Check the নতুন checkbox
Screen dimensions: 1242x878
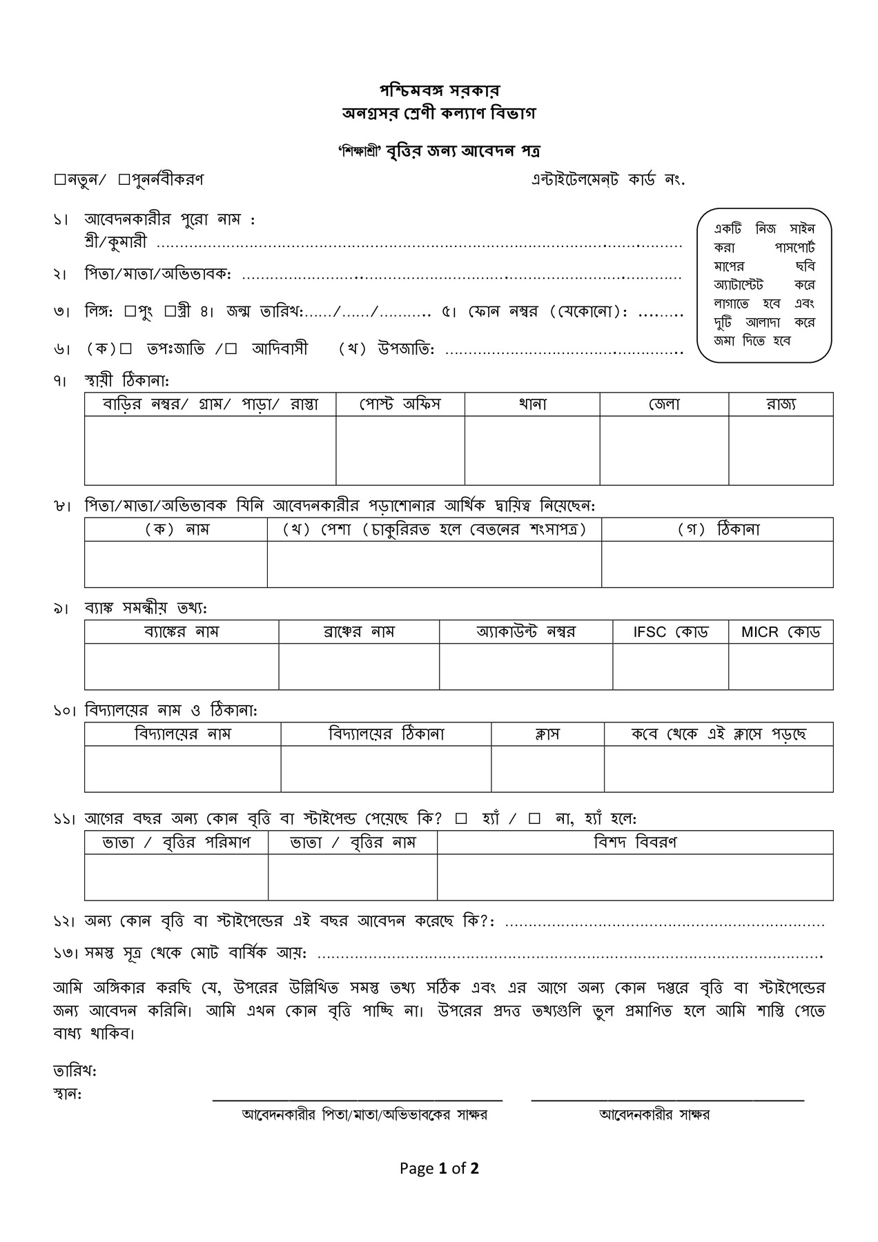pyautogui.click(x=59, y=180)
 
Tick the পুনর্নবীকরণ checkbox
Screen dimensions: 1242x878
pyautogui.click(x=124, y=180)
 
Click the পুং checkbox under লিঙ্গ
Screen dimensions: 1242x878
pyautogui.click(x=130, y=311)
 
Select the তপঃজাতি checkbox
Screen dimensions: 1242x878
pyautogui.click(x=126, y=349)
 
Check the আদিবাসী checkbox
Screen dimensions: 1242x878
pyautogui.click(x=231, y=349)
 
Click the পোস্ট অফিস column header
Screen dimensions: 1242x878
pyautogui.click(x=400, y=404)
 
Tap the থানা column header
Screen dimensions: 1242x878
pyautogui.click(x=532, y=404)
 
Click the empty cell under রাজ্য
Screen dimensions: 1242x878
pyautogui.click(x=781, y=450)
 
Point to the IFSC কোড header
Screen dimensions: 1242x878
pyautogui.click(x=670, y=632)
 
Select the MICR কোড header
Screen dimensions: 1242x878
pyautogui.click(x=781, y=632)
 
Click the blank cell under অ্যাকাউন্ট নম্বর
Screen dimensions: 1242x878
pyautogui.click(x=526, y=666)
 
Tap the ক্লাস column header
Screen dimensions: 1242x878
pyautogui.click(x=547, y=734)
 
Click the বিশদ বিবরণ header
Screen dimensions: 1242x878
pyautogui.click(x=635, y=842)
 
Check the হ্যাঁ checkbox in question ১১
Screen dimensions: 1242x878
pyautogui.click(x=462, y=819)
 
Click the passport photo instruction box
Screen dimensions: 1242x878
pyautogui.click(x=764, y=285)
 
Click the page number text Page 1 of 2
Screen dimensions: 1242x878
pyautogui.click(x=439, y=1168)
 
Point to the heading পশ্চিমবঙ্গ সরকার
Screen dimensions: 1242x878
pyautogui.click(x=439, y=90)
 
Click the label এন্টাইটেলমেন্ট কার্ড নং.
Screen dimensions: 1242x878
pyautogui.click(x=607, y=180)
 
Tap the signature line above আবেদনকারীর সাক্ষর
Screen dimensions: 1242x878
pyautogui.click(x=667, y=1098)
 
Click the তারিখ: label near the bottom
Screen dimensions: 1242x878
pyautogui.click(x=75, y=1072)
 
